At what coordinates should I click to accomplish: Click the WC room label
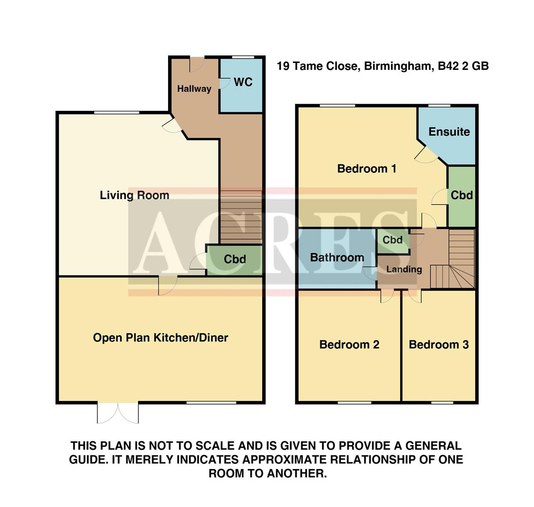click(x=243, y=82)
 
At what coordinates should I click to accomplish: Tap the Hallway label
click(x=194, y=89)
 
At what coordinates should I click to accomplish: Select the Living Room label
click(x=134, y=195)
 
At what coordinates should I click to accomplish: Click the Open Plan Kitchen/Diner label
click(x=160, y=338)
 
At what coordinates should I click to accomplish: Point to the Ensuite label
click(x=449, y=132)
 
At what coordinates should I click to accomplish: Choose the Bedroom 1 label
click(x=367, y=169)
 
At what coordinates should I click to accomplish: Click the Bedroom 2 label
click(x=349, y=345)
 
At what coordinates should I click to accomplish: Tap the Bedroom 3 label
click(x=439, y=345)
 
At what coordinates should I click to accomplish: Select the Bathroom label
click(x=337, y=257)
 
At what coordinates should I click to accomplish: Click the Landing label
click(x=403, y=269)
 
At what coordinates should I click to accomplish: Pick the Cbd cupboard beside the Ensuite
click(x=461, y=195)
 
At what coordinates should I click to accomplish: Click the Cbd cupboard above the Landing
click(x=392, y=240)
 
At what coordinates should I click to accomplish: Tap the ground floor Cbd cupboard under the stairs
click(x=234, y=259)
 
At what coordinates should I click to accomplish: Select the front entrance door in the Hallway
click(x=197, y=64)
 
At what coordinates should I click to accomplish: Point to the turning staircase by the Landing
click(x=455, y=265)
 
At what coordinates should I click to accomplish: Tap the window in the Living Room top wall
click(x=116, y=112)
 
